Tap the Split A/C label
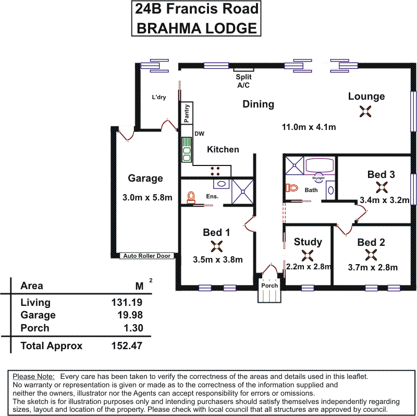[x=244, y=81]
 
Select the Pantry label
[x=186, y=113]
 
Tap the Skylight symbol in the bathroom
[x=318, y=177]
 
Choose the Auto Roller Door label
[x=148, y=256]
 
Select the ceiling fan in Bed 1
[x=217, y=246]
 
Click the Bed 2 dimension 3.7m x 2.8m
[x=373, y=268]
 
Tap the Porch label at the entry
[x=269, y=286]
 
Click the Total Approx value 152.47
[x=126, y=346]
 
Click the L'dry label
[x=158, y=97]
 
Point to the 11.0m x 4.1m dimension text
[x=309, y=127]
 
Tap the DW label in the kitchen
[x=199, y=134]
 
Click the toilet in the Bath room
[x=292, y=187]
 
